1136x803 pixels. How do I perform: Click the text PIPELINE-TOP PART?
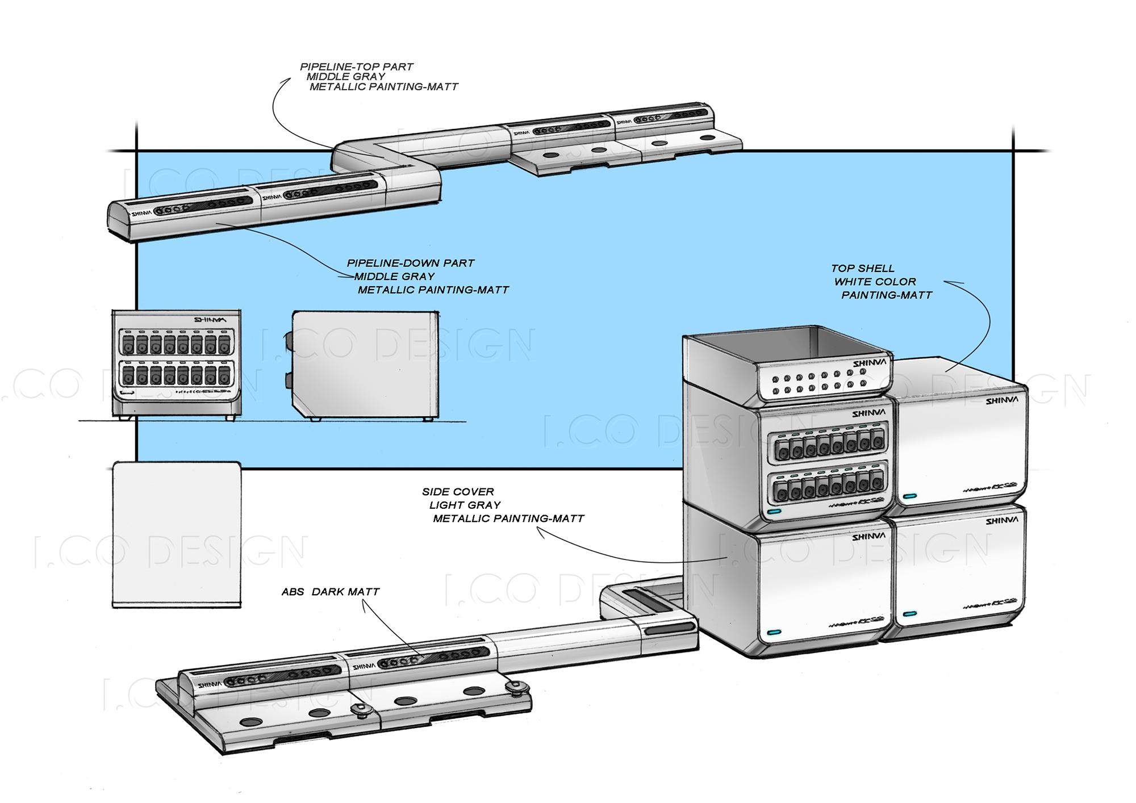(357, 66)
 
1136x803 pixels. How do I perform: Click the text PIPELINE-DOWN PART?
(411, 263)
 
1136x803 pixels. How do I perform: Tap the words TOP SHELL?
(862, 268)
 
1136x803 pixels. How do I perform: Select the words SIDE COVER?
(458, 492)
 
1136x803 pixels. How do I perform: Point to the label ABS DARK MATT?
(330, 592)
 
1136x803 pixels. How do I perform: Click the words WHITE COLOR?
(875, 282)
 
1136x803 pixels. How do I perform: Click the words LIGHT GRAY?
(465, 505)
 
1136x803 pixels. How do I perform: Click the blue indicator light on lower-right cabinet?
(909, 614)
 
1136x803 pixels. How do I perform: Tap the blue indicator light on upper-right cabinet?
(909, 496)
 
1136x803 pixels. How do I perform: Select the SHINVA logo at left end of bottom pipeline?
(210, 685)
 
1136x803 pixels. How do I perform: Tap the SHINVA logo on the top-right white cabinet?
(1001, 401)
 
